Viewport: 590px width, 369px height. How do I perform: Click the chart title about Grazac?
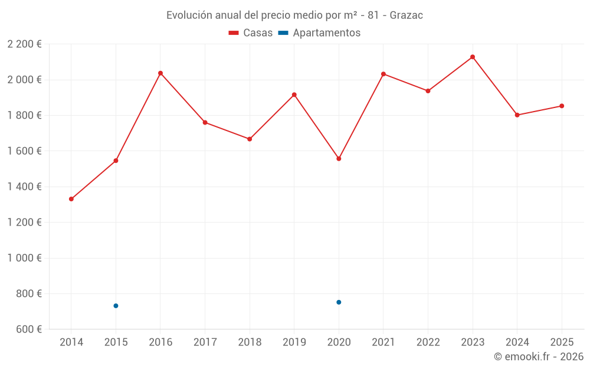(x=294, y=15)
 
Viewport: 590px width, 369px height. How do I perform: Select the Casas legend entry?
(x=251, y=33)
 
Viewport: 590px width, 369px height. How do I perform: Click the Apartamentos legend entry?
(x=319, y=33)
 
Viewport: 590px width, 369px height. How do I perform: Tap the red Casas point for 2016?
(x=160, y=73)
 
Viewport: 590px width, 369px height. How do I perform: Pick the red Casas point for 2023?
(x=473, y=57)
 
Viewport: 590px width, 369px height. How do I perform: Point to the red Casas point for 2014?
(x=71, y=199)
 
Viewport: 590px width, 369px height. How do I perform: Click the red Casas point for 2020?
(x=339, y=159)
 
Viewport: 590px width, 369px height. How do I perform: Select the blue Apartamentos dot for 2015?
(x=116, y=306)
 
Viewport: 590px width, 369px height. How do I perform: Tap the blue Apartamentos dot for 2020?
(x=339, y=302)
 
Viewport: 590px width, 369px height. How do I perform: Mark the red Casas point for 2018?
(x=250, y=139)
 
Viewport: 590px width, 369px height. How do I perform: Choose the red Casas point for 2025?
(x=562, y=106)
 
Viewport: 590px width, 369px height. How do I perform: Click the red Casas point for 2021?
(x=383, y=74)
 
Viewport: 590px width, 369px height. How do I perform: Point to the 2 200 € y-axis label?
(x=24, y=44)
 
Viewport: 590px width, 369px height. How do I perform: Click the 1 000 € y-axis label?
(x=24, y=258)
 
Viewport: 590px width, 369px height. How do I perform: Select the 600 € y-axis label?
(x=27, y=329)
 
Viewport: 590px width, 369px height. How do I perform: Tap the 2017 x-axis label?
(x=205, y=342)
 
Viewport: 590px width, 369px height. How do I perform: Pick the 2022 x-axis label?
(x=428, y=342)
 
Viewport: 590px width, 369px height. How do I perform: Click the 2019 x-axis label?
(x=294, y=342)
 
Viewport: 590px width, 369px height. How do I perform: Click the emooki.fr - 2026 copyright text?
(x=539, y=357)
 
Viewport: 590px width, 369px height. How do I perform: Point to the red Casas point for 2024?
(x=517, y=115)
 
